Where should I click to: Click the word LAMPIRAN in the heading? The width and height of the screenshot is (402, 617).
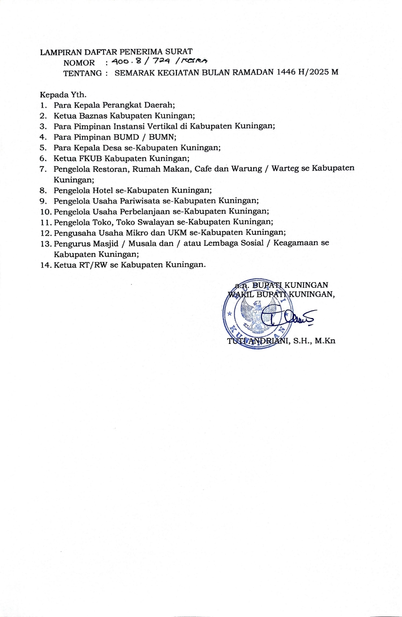pyautogui.click(x=61, y=52)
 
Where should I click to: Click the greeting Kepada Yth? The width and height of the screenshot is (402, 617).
pyautogui.click(x=63, y=94)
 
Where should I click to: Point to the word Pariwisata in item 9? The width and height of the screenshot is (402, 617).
pyautogui.click(x=140, y=201)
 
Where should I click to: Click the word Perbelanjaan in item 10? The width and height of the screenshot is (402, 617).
pyautogui.click(x=145, y=212)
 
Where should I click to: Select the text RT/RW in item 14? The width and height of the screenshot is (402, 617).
pyautogui.click(x=93, y=264)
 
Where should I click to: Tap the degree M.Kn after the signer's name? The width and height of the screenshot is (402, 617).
pyautogui.click(x=325, y=341)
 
